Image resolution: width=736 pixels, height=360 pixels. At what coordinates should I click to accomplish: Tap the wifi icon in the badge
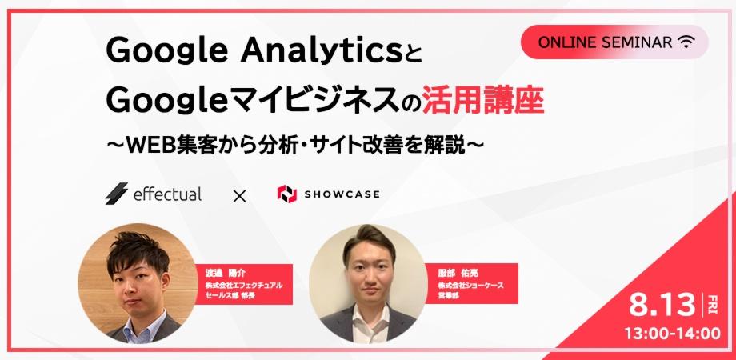(686, 42)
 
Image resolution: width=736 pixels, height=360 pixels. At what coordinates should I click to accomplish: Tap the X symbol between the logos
(239, 194)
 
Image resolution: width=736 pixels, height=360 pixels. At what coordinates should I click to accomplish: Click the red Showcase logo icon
(286, 194)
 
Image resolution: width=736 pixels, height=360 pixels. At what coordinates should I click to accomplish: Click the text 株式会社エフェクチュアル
(244, 285)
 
